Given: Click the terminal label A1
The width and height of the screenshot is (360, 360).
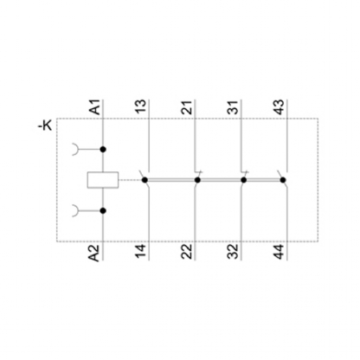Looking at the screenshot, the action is (96, 107).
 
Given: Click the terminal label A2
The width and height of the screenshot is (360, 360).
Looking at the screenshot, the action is (94, 253).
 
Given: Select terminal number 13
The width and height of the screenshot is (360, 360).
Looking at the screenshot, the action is (142, 106).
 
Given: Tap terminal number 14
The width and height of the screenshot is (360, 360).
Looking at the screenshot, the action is (141, 251).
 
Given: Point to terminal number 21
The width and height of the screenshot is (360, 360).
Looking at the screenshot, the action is (188, 107).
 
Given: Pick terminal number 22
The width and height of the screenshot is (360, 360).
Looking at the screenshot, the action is (187, 251).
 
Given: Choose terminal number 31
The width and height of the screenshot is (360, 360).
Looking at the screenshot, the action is (234, 107).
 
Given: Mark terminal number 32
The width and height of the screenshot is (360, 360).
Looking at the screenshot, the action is (234, 251).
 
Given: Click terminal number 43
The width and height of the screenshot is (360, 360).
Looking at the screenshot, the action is (280, 106).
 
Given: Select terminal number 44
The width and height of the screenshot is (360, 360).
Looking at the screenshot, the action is (280, 251).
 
